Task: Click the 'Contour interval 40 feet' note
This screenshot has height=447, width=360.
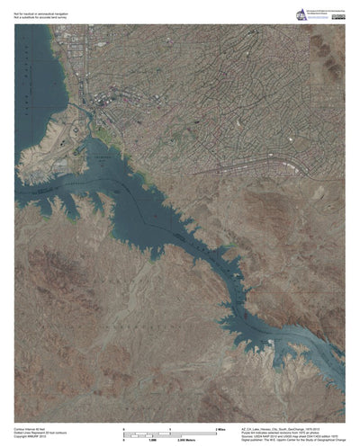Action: (31, 430)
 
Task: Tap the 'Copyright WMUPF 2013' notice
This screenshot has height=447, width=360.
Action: (31, 438)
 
